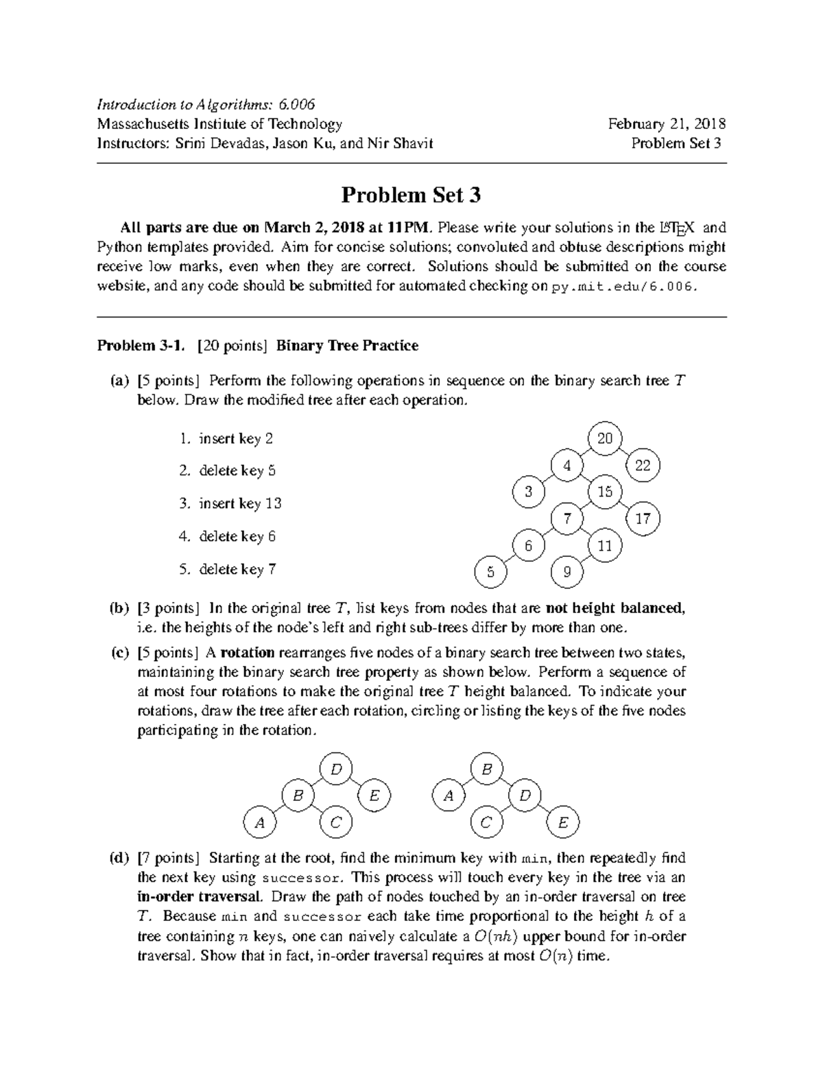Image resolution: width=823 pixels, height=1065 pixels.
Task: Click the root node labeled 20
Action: pos(605,438)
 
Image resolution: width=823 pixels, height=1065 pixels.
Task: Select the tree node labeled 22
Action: pos(643,466)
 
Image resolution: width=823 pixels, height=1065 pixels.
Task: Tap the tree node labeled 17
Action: pos(643,518)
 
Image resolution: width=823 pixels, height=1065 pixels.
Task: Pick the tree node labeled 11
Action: pos(604,546)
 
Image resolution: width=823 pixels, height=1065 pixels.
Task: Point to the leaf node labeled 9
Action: pos(567,572)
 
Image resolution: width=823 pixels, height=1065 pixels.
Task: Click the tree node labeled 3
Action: pos(529,492)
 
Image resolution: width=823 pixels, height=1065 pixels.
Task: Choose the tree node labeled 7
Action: pos(567,518)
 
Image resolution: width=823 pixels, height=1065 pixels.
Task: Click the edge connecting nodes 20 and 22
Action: pos(624,452)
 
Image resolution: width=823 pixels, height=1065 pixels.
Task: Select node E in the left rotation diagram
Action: pos(374,795)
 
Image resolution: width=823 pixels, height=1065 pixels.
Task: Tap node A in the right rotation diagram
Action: pos(449,795)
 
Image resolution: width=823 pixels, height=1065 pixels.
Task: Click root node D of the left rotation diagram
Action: pos(336,769)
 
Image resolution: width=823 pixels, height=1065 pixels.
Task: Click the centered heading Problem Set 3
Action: pos(411,196)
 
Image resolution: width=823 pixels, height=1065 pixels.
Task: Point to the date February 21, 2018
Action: pos(667,124)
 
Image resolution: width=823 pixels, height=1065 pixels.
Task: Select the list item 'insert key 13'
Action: pos(240,503)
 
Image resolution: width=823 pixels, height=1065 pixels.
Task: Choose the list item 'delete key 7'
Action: pos(237,569)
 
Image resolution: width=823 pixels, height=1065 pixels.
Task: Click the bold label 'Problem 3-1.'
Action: pos(141,346)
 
